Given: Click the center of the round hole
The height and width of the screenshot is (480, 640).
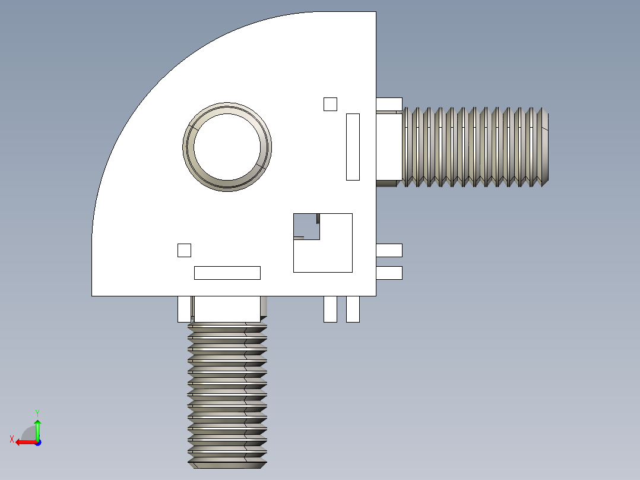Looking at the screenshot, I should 227,146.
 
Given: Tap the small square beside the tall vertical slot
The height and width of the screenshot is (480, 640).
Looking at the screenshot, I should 330,104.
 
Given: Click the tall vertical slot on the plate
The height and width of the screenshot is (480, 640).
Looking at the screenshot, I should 353,147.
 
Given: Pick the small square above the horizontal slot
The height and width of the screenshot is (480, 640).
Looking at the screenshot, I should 184,250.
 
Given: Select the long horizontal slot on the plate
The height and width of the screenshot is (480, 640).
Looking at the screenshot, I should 227,273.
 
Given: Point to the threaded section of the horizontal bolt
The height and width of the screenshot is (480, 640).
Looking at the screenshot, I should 475,147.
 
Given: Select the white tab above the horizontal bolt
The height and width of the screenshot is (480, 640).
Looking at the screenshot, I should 389,104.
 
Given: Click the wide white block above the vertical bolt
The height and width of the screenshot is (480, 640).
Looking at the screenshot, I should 227,309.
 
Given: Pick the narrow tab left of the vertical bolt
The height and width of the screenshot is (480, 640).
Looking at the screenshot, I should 184,309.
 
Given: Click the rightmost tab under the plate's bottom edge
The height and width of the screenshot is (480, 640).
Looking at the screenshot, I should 353,309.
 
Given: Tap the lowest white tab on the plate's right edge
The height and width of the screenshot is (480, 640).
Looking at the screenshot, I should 389,273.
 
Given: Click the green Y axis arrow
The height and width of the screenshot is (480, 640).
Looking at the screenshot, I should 37,428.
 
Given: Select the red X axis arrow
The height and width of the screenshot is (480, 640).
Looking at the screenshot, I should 25,442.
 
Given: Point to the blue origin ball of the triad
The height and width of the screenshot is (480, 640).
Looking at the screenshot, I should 37,442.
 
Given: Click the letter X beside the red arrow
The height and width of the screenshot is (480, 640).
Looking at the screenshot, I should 11,439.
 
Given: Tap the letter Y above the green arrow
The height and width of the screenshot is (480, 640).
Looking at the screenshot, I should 37,412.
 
